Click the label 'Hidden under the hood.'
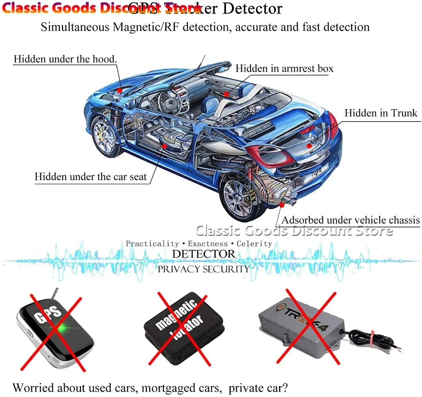click(x=65, y=59)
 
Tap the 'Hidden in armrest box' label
click(x=284, y=68)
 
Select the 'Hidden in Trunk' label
click(x=381, y=113)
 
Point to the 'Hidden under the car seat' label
click(x=91, y=176)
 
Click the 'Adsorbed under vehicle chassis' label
click(x=351, y=220)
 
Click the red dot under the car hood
click(x=120, y=91)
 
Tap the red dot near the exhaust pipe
click(x=282, y=205)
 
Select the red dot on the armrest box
click(x=225, y=94)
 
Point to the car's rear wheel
click(x=237, y=198)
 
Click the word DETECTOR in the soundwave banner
click(x=204, y=254)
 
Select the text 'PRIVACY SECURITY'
click(x=204, y=269)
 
